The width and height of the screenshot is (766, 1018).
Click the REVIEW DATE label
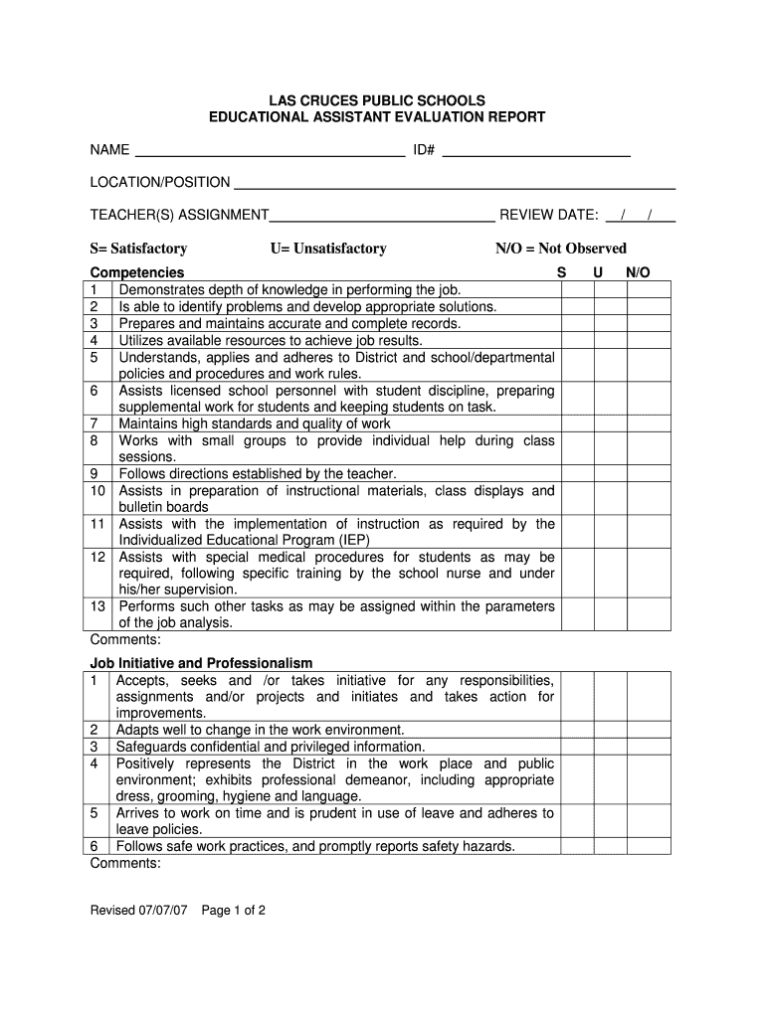(548, 215)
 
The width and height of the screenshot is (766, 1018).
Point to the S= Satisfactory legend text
(138, 249)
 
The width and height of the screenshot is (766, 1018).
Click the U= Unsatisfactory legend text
(327, 249)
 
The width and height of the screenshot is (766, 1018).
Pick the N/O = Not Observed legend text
(561, 249)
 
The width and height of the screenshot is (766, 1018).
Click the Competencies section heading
(137, 272)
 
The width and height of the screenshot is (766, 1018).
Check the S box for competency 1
(577, 289)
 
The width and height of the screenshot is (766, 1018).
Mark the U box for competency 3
(610, 323)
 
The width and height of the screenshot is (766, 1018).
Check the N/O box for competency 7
(649, 424)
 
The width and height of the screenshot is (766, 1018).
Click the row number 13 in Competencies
(97, 606)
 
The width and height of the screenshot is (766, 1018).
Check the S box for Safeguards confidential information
(577, 747)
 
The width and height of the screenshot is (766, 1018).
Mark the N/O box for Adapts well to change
(649, 730)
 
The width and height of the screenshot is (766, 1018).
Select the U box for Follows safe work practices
(610, 847)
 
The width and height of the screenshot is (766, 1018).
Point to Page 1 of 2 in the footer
(234, 910)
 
